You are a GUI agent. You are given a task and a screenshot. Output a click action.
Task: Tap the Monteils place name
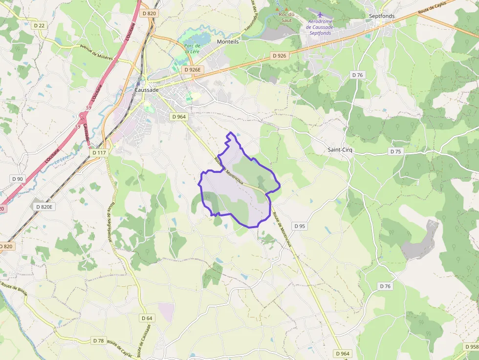[x=228, y=42]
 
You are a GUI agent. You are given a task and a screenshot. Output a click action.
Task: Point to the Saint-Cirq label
[x=340, y=150]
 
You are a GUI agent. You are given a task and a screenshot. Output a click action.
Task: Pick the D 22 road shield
[x=40, y=25]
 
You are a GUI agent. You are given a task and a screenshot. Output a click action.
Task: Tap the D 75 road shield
[x=396, y=151]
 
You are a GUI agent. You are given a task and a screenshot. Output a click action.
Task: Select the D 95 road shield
[x=300, y=226]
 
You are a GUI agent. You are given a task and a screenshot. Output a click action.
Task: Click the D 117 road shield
[x=99, y=153]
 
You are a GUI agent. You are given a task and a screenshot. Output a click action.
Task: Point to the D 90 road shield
[x=18, y=179]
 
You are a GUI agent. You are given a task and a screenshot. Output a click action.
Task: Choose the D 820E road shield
[x=44, y=207]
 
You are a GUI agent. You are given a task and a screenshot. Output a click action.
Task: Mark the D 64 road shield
[x=147, y=318]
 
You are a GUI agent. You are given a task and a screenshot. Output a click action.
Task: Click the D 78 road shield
[x=98, y=340]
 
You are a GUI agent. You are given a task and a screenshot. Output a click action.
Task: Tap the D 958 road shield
[x=472, y=347]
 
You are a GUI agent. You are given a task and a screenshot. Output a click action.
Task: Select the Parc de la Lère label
[x=192, y=49]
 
